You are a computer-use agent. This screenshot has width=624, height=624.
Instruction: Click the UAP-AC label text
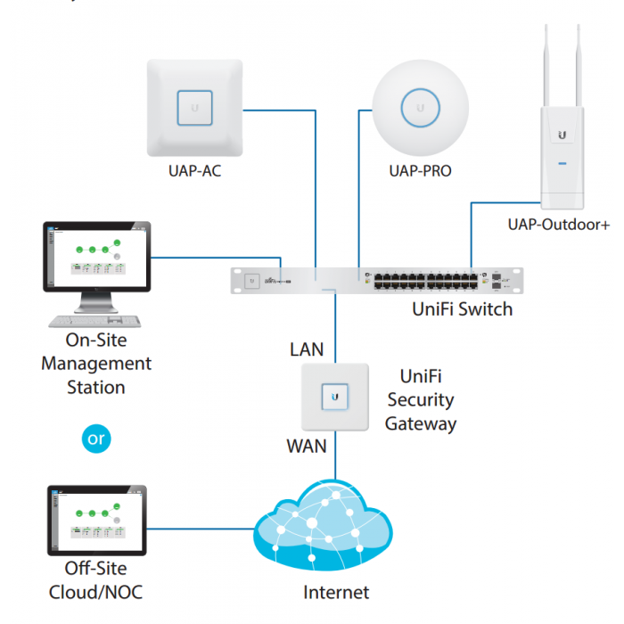[194, 170]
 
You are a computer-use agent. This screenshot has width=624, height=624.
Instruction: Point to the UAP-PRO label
[420, 170]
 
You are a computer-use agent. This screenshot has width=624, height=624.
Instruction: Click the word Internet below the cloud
[336, 592]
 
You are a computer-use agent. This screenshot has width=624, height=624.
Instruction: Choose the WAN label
[306, 445]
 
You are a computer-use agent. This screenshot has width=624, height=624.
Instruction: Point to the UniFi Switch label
[463, 309]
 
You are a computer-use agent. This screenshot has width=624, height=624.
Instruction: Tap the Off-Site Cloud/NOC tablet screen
[96, 521]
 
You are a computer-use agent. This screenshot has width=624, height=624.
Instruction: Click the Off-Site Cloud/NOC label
[96, 580]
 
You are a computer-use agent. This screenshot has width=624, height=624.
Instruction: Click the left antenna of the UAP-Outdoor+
[545, 67]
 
